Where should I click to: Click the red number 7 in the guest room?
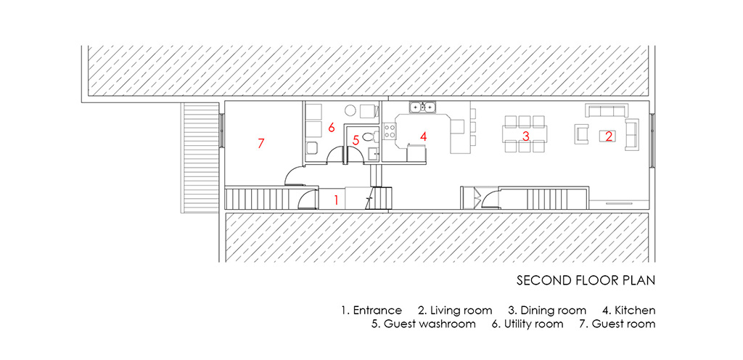point(260,143)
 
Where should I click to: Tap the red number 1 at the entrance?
point(335,198)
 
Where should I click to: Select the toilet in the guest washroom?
point(368,135)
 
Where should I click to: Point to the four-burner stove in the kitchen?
point(390,132)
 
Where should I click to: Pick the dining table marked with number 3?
point(525,136)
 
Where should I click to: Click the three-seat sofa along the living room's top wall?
point(607,110)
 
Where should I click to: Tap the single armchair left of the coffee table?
point(580,134)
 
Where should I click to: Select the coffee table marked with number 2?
point(607,135)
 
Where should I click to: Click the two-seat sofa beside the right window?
point(631,134)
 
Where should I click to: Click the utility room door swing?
point(334,155)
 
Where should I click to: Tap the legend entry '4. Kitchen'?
point(630,310)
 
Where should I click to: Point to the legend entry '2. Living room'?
point(455,310)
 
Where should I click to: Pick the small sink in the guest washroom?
point(373,153)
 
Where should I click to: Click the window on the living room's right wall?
point(652,134)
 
